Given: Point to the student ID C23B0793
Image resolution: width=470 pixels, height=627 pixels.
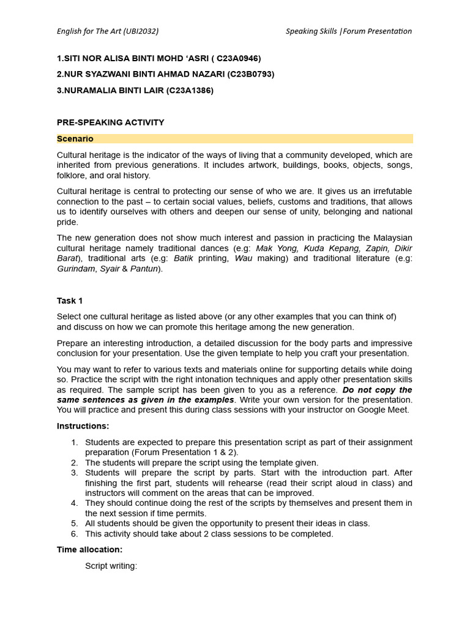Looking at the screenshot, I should point(251,74).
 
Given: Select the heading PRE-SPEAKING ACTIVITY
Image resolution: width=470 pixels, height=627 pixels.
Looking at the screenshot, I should point(110,122).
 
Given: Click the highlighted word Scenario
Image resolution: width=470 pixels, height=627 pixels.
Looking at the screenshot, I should point(75,139).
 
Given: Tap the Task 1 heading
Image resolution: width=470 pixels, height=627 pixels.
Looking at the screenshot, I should point(70,301).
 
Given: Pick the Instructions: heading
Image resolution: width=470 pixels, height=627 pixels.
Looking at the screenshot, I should point(83,426).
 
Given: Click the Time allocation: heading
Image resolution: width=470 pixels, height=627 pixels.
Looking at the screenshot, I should point(89,550).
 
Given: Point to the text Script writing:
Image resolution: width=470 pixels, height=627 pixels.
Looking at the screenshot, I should point(111,566).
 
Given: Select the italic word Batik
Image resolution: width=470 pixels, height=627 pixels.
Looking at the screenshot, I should point(184,258).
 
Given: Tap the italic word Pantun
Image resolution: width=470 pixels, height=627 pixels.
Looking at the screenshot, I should point(143,269).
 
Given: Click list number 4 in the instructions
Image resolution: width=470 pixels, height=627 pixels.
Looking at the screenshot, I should point(74,503).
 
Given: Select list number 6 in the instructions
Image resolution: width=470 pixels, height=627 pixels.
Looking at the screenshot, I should point(74,534).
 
